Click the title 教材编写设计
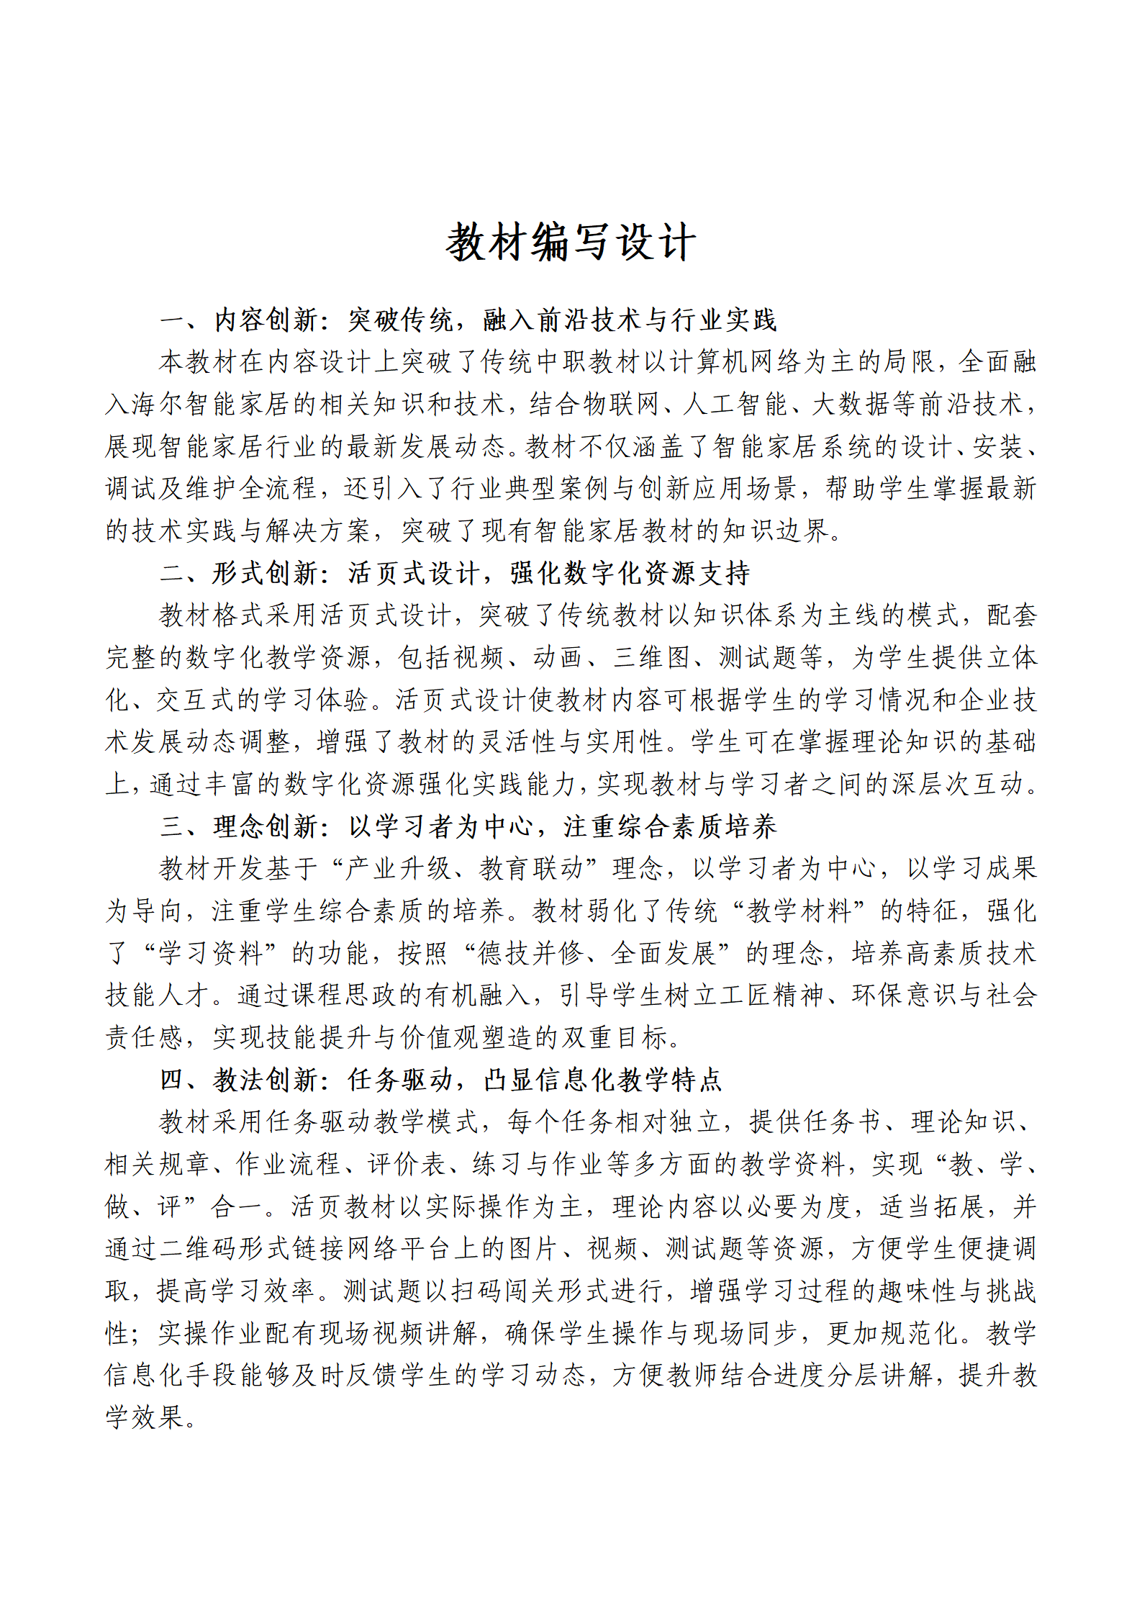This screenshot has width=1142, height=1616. (571, 242)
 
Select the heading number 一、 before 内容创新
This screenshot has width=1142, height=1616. (178, 320)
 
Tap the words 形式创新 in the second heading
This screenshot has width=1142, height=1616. (265, 574)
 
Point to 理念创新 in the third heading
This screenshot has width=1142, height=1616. (265, 826)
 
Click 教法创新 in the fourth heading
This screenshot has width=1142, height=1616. (265, 1080)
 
